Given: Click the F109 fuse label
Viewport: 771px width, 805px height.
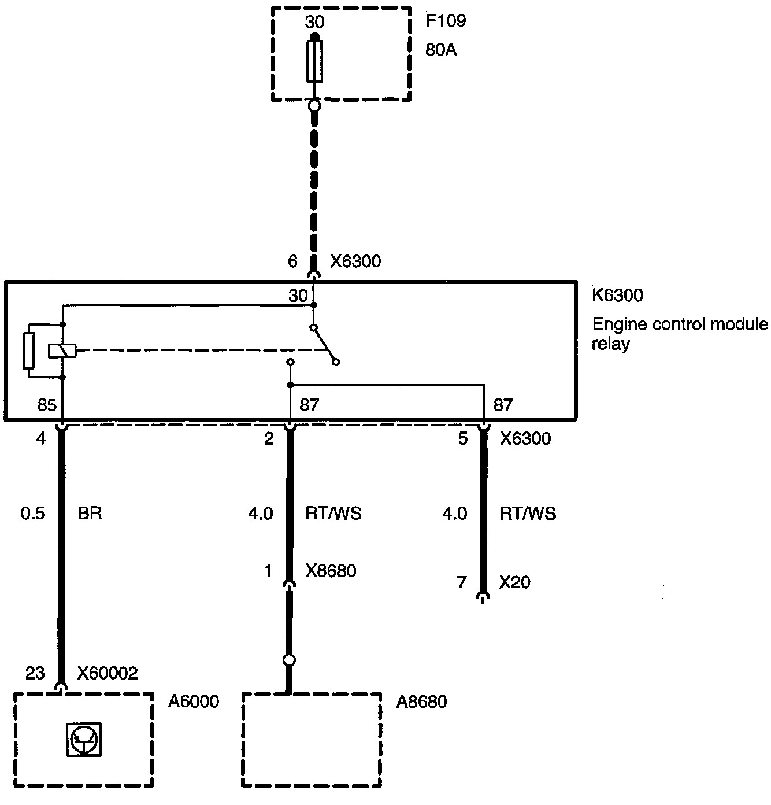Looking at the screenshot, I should pos(446,21).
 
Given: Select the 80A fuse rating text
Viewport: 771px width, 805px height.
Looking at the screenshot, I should pos(441,50).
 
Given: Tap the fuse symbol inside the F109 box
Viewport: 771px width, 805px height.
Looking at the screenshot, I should pos(314,61).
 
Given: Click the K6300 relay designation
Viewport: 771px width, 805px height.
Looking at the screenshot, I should pos(617,296).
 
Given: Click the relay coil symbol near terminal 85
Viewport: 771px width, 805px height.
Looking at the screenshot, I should pos(62,350).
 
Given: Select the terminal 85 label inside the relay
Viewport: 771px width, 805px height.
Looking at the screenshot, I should pos(47,404).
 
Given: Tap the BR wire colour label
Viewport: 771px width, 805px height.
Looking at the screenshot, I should pos(90,513).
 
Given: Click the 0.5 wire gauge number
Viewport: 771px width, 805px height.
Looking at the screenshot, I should pos(33,513).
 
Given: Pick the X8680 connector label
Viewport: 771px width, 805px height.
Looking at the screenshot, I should pos(331,571).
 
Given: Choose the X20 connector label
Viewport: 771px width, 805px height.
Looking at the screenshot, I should pos(514,582).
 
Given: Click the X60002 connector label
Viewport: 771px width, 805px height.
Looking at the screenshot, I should pos(108,673).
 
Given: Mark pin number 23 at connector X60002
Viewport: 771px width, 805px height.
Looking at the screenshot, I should pos(35,673).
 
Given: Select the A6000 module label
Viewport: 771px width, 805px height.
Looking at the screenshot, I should pos(194,701).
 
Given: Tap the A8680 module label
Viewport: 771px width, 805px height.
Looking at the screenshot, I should pos(421,701).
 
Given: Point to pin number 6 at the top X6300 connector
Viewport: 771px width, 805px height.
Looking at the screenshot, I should pos(293,261).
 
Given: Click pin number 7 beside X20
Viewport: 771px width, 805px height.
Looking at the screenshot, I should pos(461,582).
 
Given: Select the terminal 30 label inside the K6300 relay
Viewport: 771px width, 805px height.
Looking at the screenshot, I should pos(298,296).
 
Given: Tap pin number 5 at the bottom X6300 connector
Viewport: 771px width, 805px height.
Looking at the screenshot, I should pos(463,438).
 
